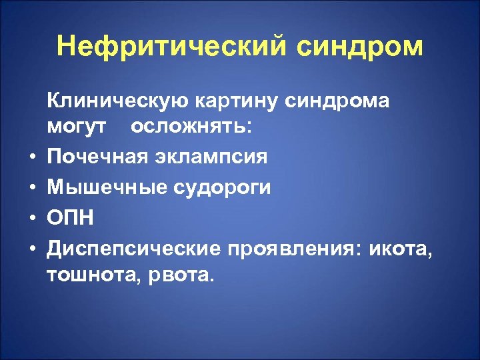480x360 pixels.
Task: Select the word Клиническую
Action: click(x=118, y=101)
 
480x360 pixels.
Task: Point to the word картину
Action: click(x=237, y=102)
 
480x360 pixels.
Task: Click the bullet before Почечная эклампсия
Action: click(x=32, y=159)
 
